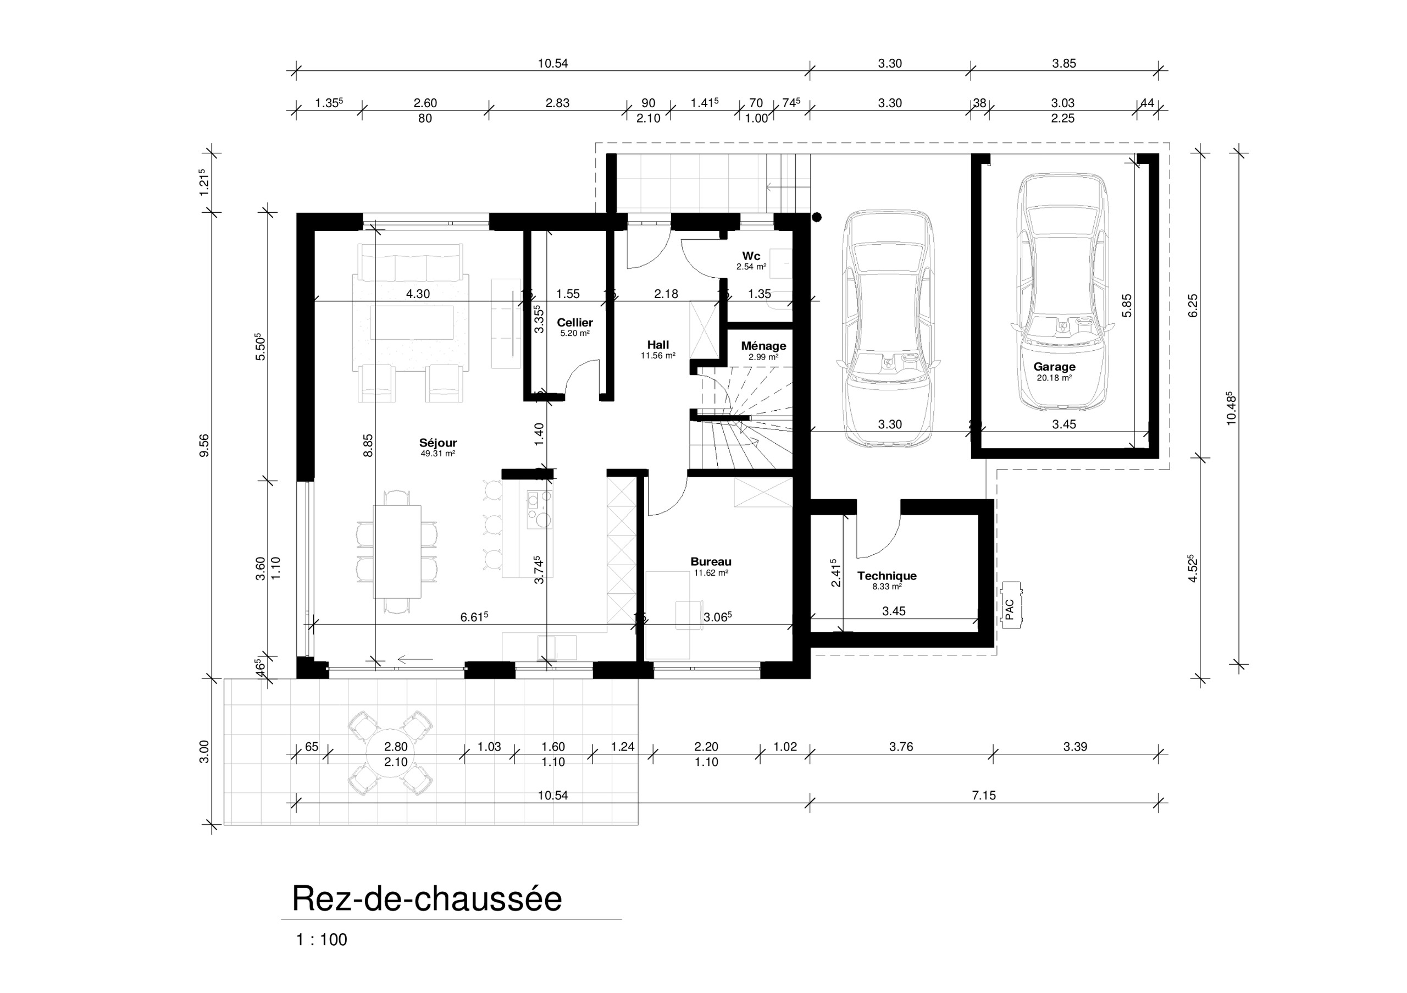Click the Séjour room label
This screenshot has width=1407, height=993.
pyautogui.click(x=437, y=443)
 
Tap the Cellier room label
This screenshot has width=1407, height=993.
pyautogui.click(x=574, y=322)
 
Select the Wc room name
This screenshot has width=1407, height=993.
pyautogui.click(x=751, y=256)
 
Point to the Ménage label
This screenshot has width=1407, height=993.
pyautogui.click(x=763, y=346)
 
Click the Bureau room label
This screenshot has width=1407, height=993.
pyautogui.click(x=710, y=561)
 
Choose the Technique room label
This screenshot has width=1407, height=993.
pyautogui.click(x=886, y=576)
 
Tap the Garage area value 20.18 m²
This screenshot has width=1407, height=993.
pyautogui.click(x=1054, y=378)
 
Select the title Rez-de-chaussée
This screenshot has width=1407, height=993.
pyautogui.click(x=426, y=898)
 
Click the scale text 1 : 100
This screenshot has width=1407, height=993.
pyautogui.click(x=321, y=940)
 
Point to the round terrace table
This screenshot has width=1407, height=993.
pyautogui.click(x=390, y=753)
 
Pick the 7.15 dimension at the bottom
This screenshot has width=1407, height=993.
pyautogui.click(x=984, y=795)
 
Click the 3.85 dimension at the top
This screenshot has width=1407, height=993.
pyautogui.click(x=1064, y=63)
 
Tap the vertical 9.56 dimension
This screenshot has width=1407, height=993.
pyautogui.click(x=204, y=445)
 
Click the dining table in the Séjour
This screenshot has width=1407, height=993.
pyautogui.click(x=397, y=551)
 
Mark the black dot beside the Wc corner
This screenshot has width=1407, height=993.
pyautogui.click(x=816, y=217)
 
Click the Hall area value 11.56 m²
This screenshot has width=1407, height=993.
pyautogui.click(x=657, y=356)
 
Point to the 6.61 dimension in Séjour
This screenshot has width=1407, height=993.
pyautogui.click(x=473, y=617)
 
